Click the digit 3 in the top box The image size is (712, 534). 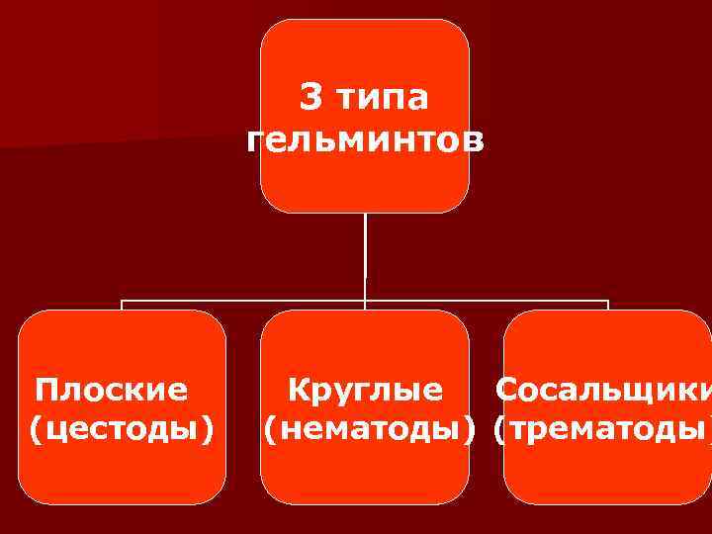[311, 98]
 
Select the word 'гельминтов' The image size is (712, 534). [366, 141]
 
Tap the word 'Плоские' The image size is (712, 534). [111, 390]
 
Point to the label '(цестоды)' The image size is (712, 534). [122, 429]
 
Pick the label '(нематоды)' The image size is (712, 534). [366, 429]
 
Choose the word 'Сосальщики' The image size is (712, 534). [602, 390]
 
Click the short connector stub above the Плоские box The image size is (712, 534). [123, 305]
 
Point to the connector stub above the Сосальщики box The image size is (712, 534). [607, 305]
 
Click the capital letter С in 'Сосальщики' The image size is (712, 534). [506, 390]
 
